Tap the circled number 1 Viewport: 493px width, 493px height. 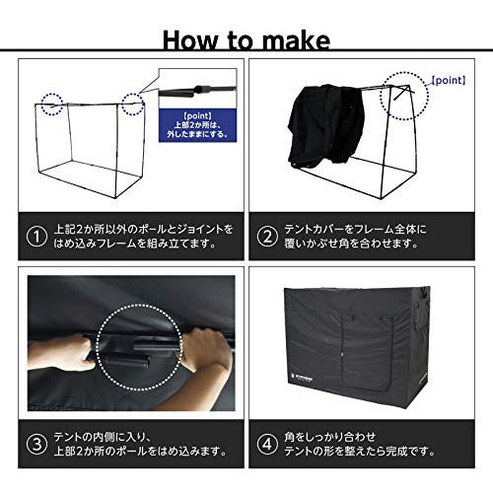36,238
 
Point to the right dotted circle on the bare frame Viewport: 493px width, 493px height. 133,102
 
